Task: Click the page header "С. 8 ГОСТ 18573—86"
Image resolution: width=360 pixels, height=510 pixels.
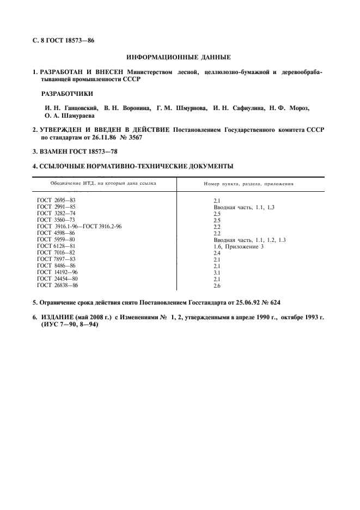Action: [x=63, y=40]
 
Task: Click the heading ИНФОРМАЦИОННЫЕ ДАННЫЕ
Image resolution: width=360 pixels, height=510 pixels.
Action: [x=178, y=57]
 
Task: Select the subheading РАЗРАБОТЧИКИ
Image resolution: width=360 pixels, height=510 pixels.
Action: [x=67, y=93]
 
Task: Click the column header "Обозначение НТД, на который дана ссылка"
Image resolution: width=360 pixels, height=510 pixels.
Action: [x=103, y=183]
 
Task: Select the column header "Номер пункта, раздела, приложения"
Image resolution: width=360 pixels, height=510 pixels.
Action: [x=248, y=184]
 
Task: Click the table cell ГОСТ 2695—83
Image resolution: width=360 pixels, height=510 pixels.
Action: [x=56, y=201]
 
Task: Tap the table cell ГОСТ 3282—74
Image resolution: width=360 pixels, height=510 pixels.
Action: [x=56, y=214]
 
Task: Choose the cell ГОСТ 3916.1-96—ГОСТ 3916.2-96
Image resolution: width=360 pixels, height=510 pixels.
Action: [x=79, y=227]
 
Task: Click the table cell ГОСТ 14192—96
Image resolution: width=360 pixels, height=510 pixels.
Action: [x=57, y=272]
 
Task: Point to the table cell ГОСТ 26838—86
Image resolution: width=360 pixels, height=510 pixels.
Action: [x=57, y=285]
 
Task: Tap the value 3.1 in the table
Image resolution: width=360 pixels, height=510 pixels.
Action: [x=217, y=272]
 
